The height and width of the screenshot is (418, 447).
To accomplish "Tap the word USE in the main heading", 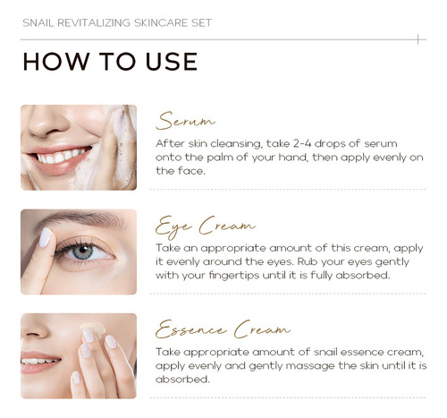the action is click(x=172, y=62).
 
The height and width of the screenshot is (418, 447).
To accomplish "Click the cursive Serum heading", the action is click(x=185, y=121).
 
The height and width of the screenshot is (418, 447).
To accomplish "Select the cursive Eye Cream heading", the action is click(x=206, y=226).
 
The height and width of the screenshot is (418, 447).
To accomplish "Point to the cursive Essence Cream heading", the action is click(x=223, y=329).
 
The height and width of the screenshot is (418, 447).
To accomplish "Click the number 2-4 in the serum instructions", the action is click(x=302, y=143).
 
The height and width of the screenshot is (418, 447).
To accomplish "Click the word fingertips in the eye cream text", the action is click(x=234, y=275).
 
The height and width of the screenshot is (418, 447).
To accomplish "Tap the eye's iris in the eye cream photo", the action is click(x=82, y=252).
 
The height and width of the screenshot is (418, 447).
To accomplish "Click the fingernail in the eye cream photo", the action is click(x=46, y=237).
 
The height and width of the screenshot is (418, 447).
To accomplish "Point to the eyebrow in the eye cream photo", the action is click(x=83, y=218).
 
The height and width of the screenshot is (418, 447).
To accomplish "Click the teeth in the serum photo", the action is click(x=63, y=156).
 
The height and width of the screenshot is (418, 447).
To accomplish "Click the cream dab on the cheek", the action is click(x=93, y=328).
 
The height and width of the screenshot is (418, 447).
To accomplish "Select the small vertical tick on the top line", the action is click(x=418, y=39).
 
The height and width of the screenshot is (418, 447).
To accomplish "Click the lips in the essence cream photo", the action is click(x=39, y=362).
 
